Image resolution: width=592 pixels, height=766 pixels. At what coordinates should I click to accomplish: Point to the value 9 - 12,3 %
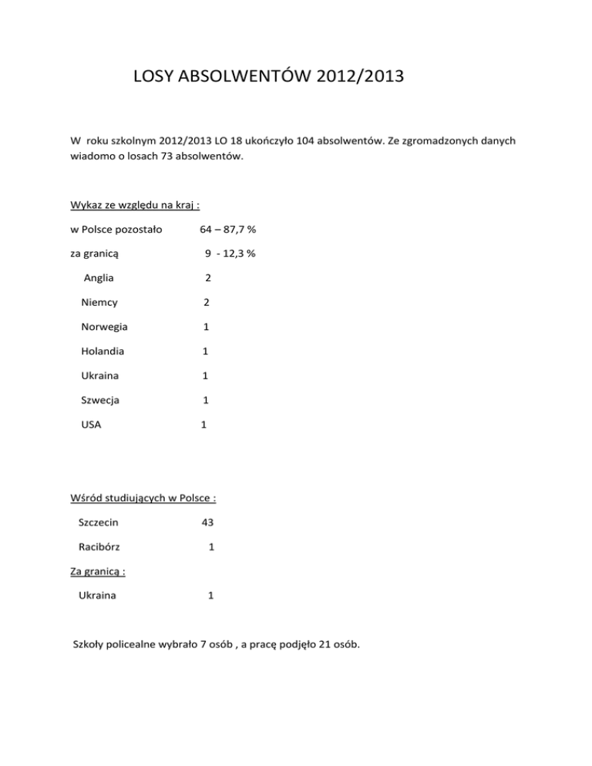click(230, 253)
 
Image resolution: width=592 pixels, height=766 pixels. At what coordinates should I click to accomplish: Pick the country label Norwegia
click(105, 327)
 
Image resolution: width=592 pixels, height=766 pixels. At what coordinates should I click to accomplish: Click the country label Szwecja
click(100, 400)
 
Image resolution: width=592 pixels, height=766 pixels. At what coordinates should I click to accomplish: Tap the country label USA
click(92, 425)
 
